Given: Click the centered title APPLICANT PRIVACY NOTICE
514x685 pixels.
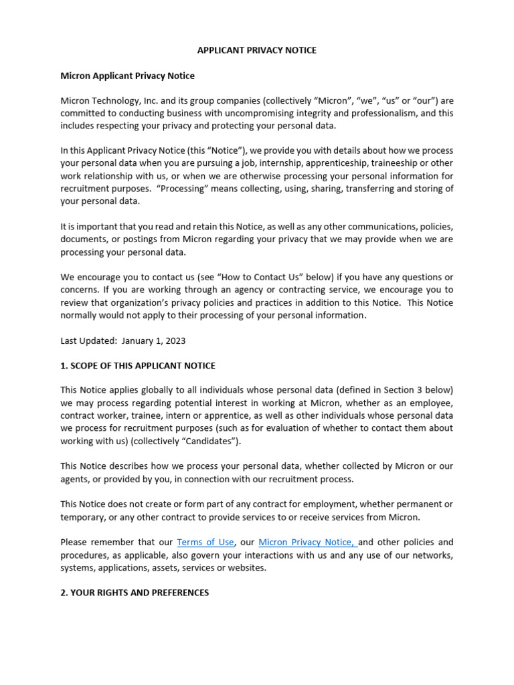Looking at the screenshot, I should [257, 50].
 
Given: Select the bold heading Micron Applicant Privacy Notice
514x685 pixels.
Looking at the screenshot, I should [127, 76].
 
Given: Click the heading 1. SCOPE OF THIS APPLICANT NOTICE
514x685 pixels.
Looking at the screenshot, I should [138, 366].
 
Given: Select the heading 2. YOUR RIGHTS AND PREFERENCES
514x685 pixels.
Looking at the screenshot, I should [135, 593].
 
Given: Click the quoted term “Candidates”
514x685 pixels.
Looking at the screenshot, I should [216, 442].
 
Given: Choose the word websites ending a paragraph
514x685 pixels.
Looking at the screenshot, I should [246, 568].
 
